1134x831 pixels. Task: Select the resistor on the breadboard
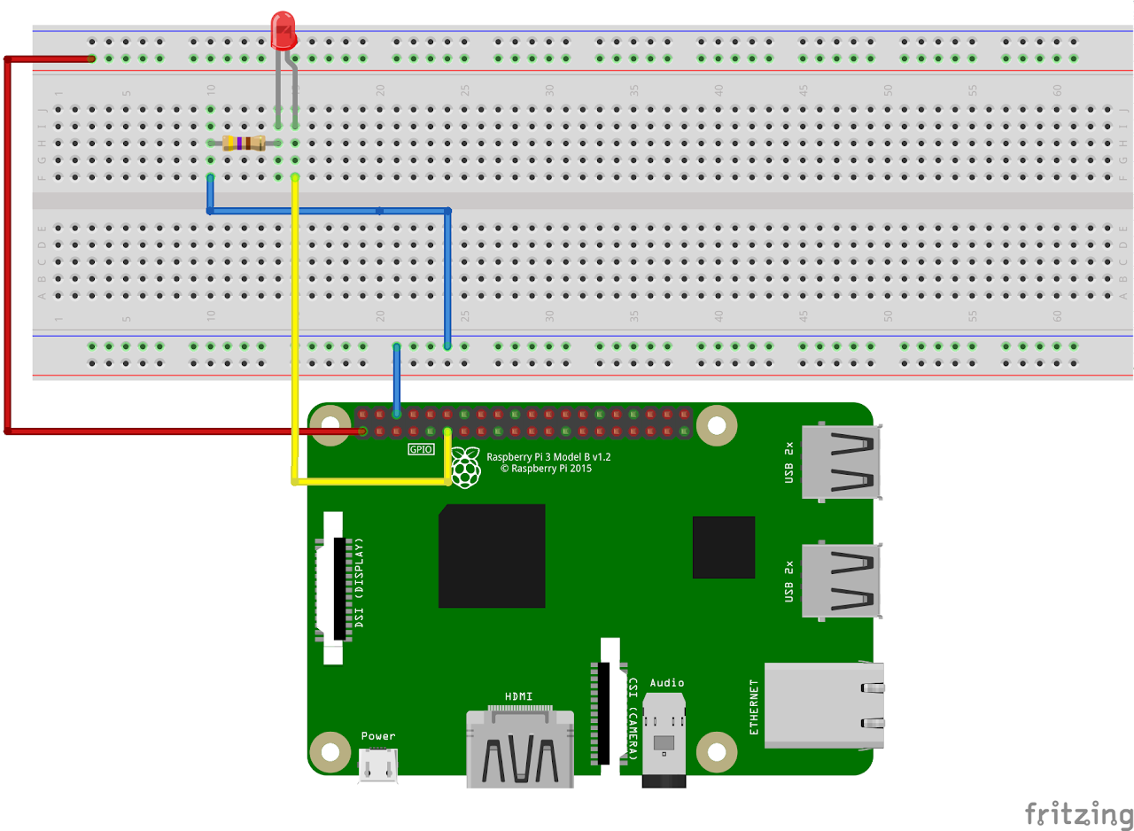244,143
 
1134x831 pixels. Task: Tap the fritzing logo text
1078,812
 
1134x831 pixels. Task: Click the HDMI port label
518,695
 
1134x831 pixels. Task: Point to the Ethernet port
824,705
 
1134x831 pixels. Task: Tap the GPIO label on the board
421,449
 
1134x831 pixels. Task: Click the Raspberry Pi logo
465,468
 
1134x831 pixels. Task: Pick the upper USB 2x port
840,462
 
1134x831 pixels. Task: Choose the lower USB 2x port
840,580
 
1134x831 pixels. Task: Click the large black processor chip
492,555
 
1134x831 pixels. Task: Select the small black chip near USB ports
724,547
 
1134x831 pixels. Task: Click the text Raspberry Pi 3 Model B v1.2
548,456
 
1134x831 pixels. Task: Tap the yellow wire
294,354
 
